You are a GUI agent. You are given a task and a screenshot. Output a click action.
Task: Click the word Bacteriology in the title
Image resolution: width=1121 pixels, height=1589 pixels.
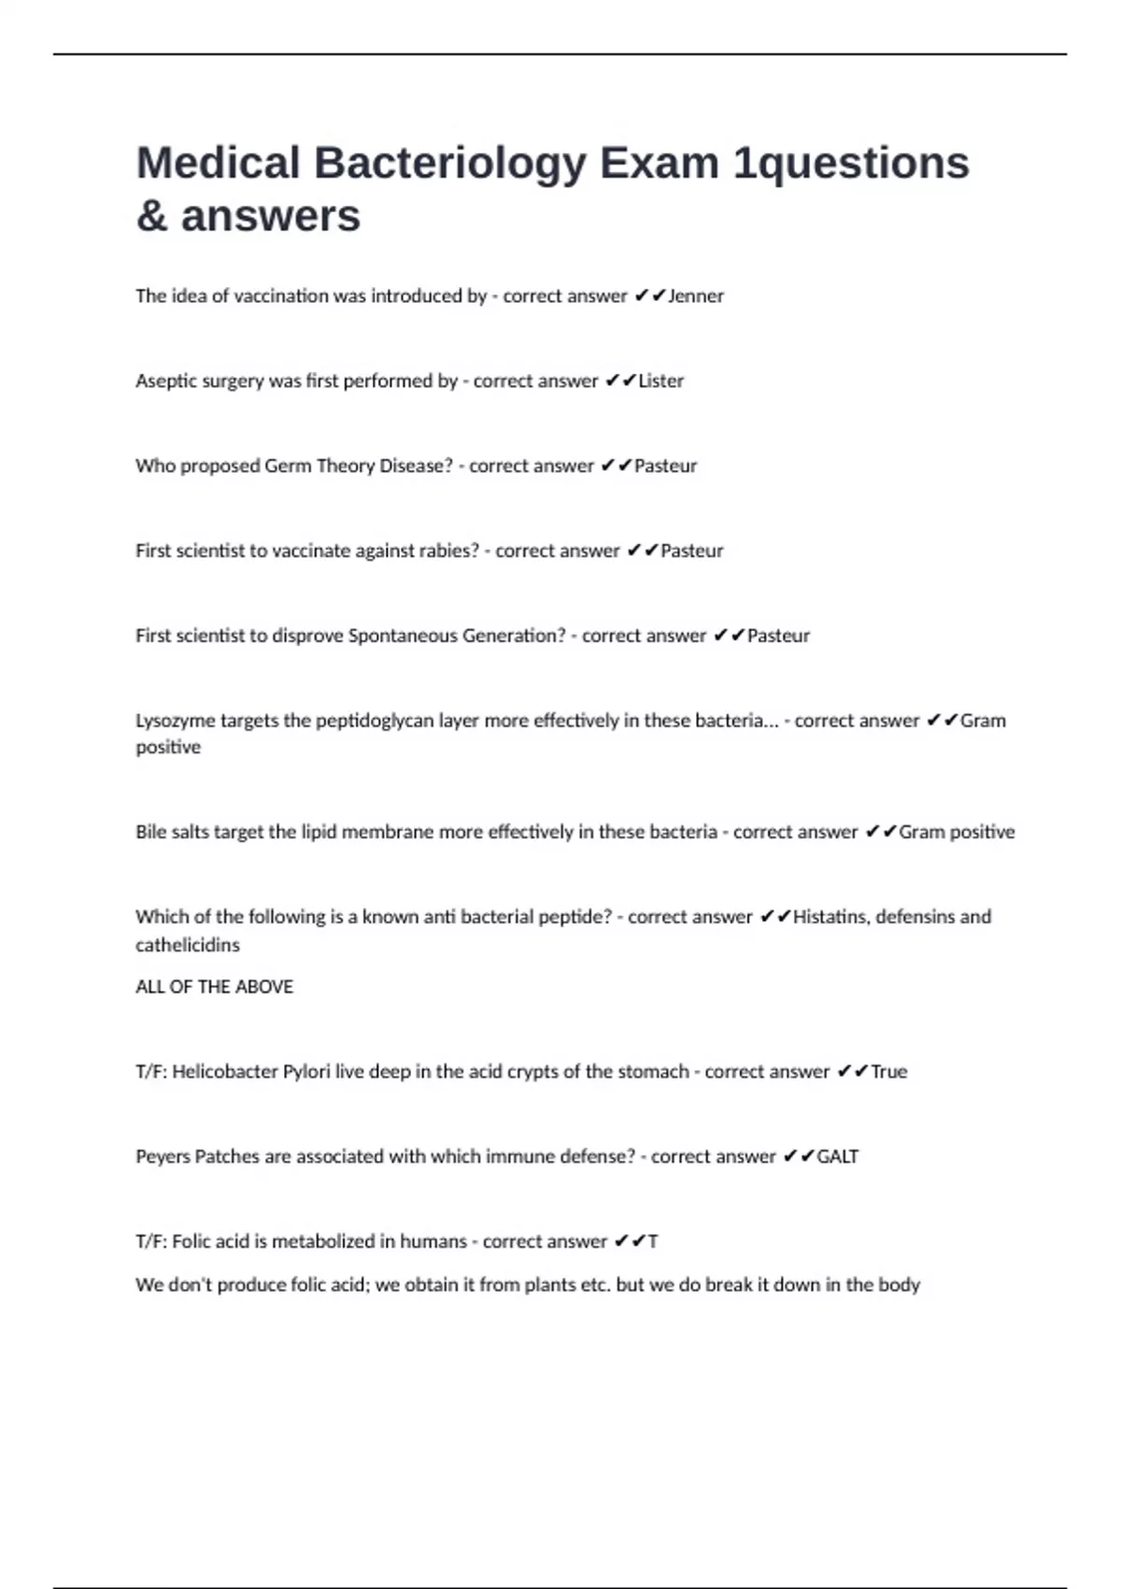point(449,164)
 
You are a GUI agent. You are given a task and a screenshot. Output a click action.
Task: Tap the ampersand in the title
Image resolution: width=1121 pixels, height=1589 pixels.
point(151,217)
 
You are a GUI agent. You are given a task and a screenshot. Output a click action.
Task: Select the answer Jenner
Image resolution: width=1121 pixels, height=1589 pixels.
point(696,296)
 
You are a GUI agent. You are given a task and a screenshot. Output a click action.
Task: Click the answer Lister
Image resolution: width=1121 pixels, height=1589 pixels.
point(661,381)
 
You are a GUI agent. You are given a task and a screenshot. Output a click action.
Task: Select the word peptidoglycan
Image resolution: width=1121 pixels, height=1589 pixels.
point(375,721)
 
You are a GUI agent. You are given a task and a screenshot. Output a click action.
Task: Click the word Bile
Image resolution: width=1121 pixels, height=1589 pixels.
point(150,832)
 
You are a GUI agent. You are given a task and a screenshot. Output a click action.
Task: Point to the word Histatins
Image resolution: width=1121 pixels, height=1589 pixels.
point(830,917)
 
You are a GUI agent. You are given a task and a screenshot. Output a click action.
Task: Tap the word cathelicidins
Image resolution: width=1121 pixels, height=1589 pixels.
point(188,945)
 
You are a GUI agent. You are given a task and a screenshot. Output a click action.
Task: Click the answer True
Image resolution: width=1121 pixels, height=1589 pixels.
point(889,1072)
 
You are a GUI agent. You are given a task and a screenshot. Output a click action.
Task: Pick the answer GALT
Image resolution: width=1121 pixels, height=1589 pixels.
point(838,1157)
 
